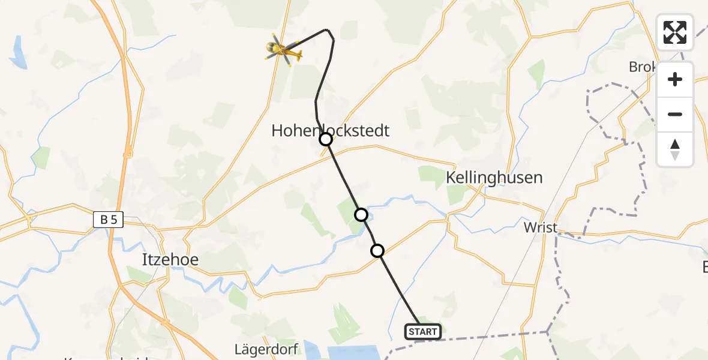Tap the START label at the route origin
coord(423,332)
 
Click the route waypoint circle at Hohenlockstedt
coord(325,140)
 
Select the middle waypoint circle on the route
coord(361,215)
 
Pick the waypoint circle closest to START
coord(377,251)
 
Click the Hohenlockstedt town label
coord(331,130)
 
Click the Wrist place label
coord(541,227)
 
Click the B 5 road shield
coord(108,220)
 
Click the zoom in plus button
coord(675,79)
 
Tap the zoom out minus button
coord(675,114)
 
